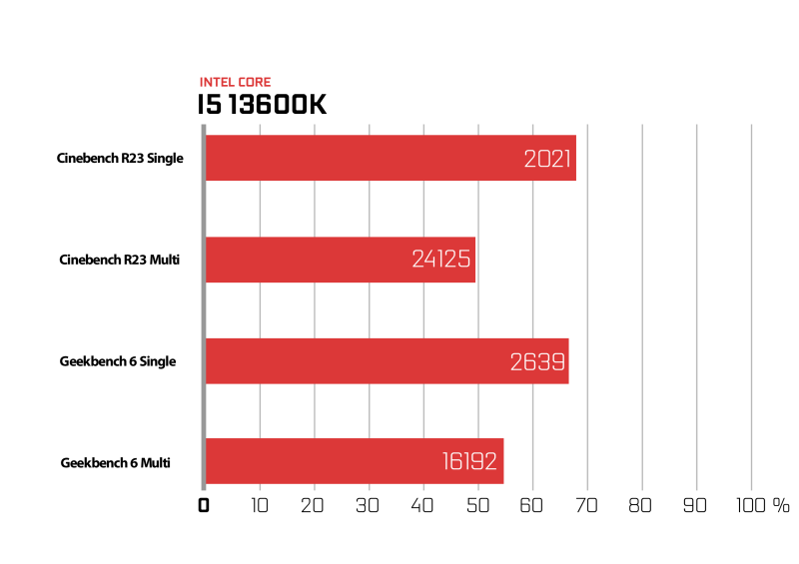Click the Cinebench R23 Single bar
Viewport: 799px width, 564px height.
[391, 158]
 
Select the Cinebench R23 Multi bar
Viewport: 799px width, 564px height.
[341, 260]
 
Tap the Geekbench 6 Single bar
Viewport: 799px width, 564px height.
[388, 360]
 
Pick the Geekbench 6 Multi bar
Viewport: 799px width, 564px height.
[355, 461]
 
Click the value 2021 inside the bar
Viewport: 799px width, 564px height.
[547, 159]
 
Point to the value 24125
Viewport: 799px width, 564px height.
[441, 259]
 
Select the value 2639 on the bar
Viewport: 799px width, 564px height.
[537, 362]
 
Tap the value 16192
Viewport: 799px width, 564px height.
[469, 461]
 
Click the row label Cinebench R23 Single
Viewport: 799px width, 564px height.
[120, 158]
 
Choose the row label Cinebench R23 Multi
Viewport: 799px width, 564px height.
[119, 260]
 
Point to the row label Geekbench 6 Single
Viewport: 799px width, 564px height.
[118, 361]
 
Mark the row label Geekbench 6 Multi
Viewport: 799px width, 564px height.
[115, 462]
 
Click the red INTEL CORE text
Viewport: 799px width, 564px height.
[235, 82]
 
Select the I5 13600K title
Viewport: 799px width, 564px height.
[262, 105]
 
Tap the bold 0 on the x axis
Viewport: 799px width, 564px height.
[204, 505]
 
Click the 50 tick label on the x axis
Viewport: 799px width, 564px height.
[478, 505]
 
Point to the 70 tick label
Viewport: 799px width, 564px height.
[586, 505]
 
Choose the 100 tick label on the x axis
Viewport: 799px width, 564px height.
[751, 505]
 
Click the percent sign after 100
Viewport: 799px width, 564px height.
[781, 505]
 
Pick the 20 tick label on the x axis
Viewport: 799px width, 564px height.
[313, 505]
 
